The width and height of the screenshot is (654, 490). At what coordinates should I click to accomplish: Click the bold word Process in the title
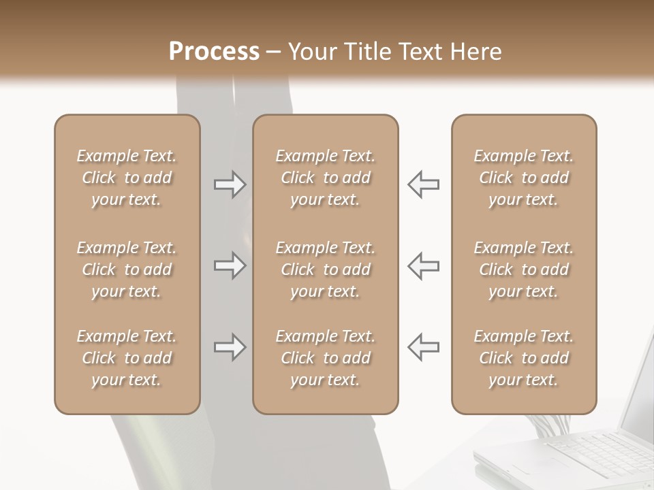(214, 52)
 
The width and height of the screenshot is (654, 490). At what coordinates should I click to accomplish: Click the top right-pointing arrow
(230, 184)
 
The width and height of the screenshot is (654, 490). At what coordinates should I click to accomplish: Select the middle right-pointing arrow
(230, 265)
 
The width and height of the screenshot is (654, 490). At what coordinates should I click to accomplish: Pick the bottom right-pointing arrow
(230, 347)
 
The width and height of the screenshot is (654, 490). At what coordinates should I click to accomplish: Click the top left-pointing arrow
(423, 184)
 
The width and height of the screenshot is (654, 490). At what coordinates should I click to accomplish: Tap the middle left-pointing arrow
(423, 265)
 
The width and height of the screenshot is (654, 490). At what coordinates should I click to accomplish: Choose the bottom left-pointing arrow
(423, 347)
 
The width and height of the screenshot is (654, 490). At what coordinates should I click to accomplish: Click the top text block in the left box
(127, 178)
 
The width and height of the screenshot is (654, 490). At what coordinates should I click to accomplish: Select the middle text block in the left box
(127, 269)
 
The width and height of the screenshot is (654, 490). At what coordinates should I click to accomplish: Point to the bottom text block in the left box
(127, 358)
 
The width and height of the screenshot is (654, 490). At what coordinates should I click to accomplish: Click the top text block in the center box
(326, 178)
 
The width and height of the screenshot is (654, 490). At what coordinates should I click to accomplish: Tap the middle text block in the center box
(326, 269)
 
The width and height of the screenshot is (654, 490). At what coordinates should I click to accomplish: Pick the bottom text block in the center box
(326, 358)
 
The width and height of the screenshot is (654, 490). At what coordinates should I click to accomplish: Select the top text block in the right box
(524, 178)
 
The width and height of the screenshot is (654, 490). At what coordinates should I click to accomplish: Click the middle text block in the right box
(524, 269)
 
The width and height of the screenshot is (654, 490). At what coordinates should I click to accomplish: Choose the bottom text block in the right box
(524, 358)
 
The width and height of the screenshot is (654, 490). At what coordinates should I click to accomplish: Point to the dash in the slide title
(273, 52)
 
